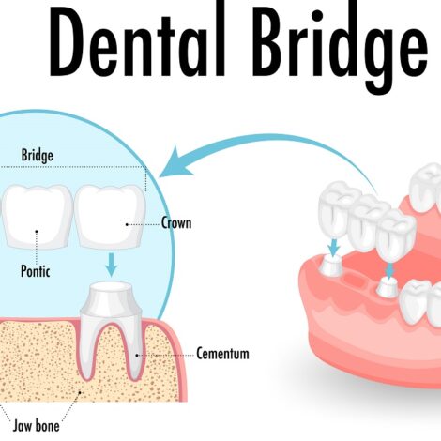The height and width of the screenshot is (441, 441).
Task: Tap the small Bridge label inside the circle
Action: pos(38,156)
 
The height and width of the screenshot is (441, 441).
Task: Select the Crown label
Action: pos(176,223)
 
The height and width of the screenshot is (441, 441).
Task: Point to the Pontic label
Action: pos(36,271)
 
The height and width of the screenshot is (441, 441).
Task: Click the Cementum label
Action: pos(222,354)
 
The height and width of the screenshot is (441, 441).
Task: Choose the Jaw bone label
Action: pos(36,426)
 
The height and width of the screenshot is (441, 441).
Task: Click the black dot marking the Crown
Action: pos(127,224)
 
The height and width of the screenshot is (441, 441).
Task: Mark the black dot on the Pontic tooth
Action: pos(37,232)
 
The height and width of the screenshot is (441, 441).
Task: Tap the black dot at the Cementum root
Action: pos(137,356)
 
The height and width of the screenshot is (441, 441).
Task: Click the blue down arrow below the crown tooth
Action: pos(111,265)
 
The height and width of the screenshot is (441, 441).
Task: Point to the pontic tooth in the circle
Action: pos(37,217)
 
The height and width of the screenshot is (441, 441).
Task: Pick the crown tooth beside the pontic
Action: pos(110,217)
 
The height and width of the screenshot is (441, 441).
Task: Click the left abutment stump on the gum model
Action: pos(332,266)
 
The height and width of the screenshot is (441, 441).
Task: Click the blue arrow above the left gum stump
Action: pos(334,247)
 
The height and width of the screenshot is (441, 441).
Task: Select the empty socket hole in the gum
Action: pos(357,280)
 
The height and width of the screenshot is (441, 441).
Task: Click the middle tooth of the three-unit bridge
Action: pos(367,222)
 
